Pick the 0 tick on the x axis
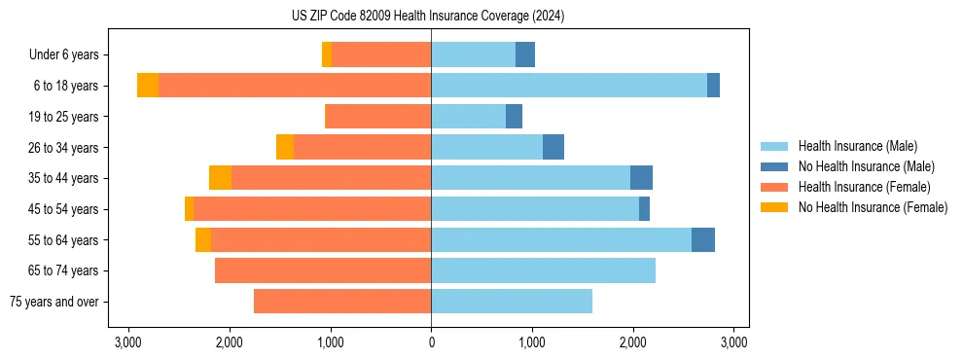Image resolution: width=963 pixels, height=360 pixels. (x=431, y=342)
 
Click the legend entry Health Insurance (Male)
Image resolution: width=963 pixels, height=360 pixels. (x=858, y=146)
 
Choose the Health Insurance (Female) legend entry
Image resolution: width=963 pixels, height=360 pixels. (x=864, y=187)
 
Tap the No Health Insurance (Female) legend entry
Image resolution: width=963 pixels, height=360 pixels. (x=873, y=207)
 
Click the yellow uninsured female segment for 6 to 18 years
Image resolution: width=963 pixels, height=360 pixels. (x=148, y=86)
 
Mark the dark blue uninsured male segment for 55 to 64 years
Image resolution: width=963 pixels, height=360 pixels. (x=703, y=240)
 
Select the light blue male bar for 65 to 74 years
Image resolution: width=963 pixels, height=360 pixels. (x=543, y=270)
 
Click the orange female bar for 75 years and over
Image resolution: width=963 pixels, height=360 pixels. (x=342, y=302)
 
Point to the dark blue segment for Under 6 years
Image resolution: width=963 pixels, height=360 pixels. (x=525, y=54)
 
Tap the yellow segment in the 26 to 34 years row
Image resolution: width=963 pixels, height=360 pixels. (x=285, y=147)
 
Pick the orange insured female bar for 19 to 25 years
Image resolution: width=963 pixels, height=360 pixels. (x=377, y=117)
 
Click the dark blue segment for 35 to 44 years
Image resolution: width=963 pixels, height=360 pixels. (x=641, y=178)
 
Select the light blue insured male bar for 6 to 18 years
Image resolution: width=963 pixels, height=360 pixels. (x=569, y=86)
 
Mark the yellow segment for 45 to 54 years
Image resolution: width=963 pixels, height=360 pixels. (x=189, y=209)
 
